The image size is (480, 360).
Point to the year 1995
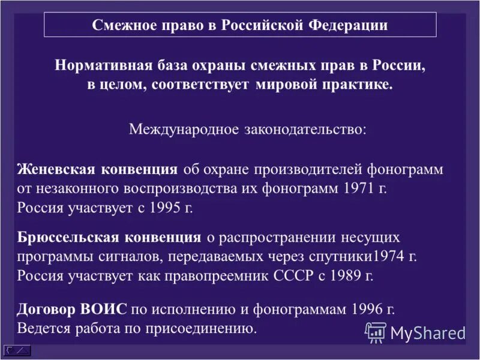[165, 207]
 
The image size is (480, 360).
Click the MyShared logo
[415, 331]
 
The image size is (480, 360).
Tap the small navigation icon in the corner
[17, 350]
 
